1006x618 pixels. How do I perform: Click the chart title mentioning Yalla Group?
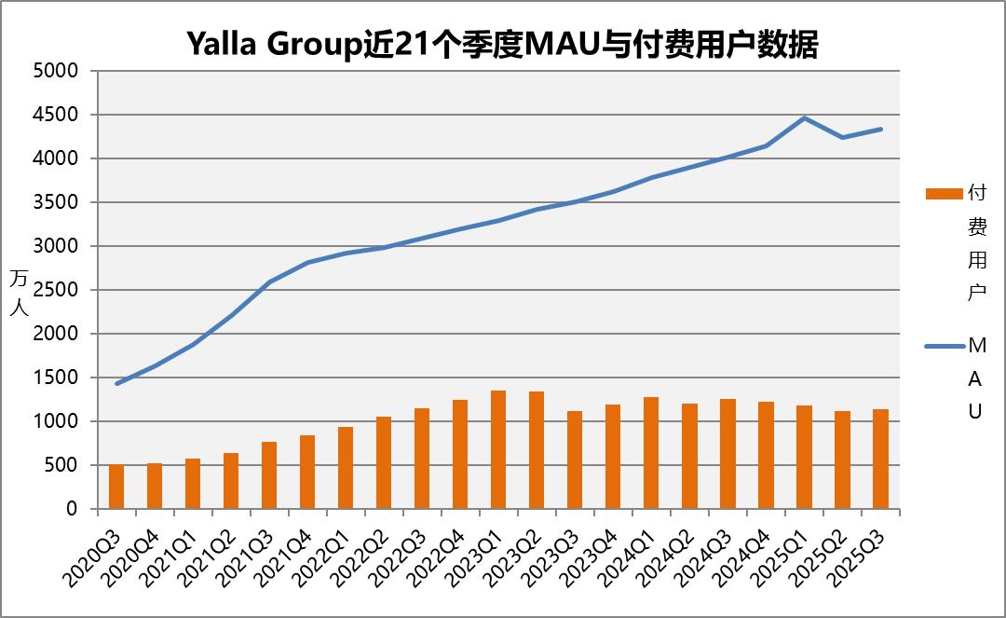click(503, 44)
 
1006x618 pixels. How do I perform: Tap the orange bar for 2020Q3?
click(116, 487)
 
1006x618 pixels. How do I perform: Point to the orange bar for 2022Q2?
click(384, 463)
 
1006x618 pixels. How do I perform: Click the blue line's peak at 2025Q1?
click(804, 117)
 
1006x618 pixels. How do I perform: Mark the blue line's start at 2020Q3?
click(116, 383)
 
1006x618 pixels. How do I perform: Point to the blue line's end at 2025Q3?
click(880, 130)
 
